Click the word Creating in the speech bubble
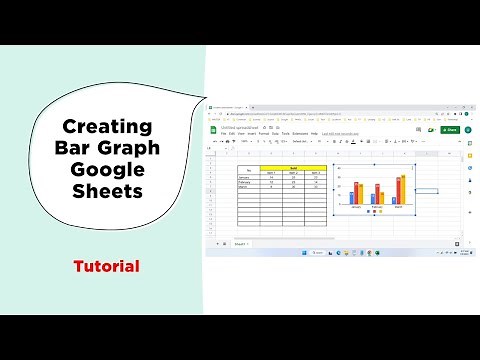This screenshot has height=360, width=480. tap(108, 127)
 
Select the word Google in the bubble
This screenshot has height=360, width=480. tap(108, 170)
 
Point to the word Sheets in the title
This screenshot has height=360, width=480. tap(108, 192)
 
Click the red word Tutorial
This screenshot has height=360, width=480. tap(106, 267)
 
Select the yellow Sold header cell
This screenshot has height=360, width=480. tap(294, 167)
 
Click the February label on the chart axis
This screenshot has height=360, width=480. tap(377, 207)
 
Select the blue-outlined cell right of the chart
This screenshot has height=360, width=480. tap(428, 189)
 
